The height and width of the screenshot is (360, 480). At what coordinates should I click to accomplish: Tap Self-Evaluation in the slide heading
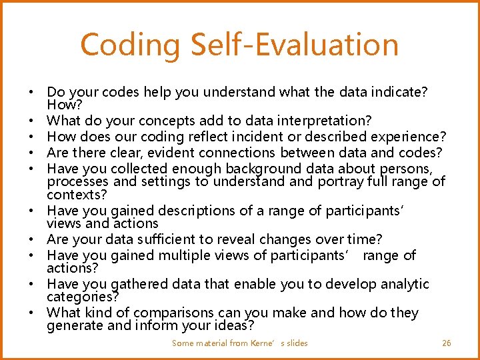click(x=295, y=45)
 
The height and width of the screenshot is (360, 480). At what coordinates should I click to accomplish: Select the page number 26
click(x=447, y=343)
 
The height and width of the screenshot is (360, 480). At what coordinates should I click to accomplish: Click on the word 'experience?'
click(x=410, y=137)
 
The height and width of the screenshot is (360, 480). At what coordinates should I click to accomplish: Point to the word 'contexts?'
click(x=74, y=195)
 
